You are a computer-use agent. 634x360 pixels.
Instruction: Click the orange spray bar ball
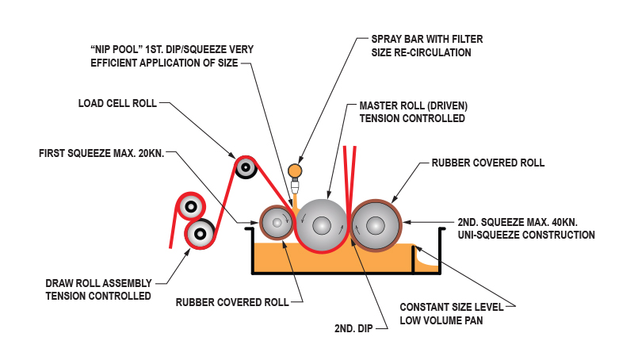point(295,170)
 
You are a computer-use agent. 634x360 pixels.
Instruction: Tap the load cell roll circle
point(245,167)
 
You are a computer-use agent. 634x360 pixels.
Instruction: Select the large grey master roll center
point(321,225)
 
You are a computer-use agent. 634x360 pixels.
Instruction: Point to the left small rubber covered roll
point(277,224)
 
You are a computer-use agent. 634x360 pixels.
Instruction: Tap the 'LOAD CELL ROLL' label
point(117,103)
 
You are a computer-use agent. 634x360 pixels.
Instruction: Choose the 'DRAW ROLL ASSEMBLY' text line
point(98,283)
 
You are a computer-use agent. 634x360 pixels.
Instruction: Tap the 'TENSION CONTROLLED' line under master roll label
point(412,118)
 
